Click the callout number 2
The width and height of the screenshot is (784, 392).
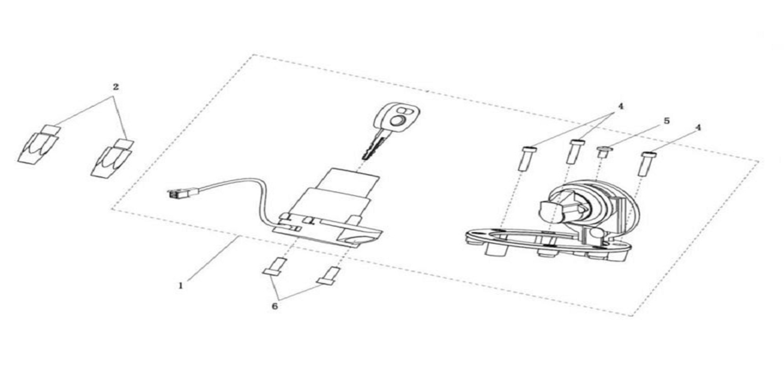point(116,87)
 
